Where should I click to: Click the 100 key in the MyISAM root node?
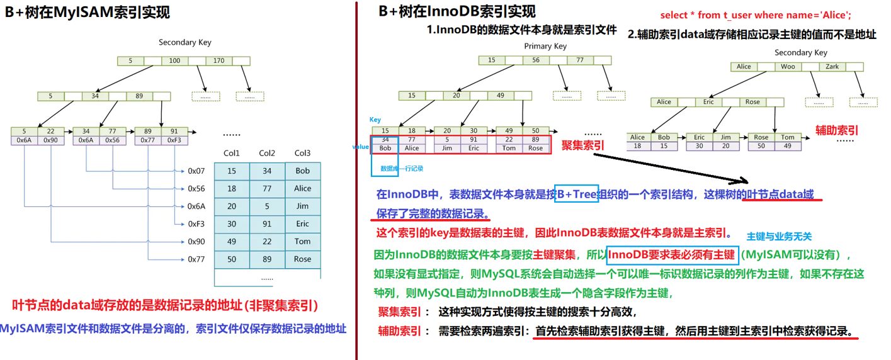174,61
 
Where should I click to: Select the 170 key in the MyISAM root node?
218,61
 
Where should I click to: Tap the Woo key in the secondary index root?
788,67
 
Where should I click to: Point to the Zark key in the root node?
832,67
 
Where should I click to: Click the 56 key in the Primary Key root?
536,60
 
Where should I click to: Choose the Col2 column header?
267,153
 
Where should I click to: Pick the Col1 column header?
232,153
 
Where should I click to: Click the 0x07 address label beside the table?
196,171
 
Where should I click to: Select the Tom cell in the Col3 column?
302,242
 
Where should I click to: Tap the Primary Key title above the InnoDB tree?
545,46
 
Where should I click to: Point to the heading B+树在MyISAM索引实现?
88,12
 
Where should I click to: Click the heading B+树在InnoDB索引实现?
457,11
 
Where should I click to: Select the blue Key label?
375,119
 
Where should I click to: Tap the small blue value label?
361,147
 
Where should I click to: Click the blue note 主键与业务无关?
779,237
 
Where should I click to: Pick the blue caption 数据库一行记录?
402,169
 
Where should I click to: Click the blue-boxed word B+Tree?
576,194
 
